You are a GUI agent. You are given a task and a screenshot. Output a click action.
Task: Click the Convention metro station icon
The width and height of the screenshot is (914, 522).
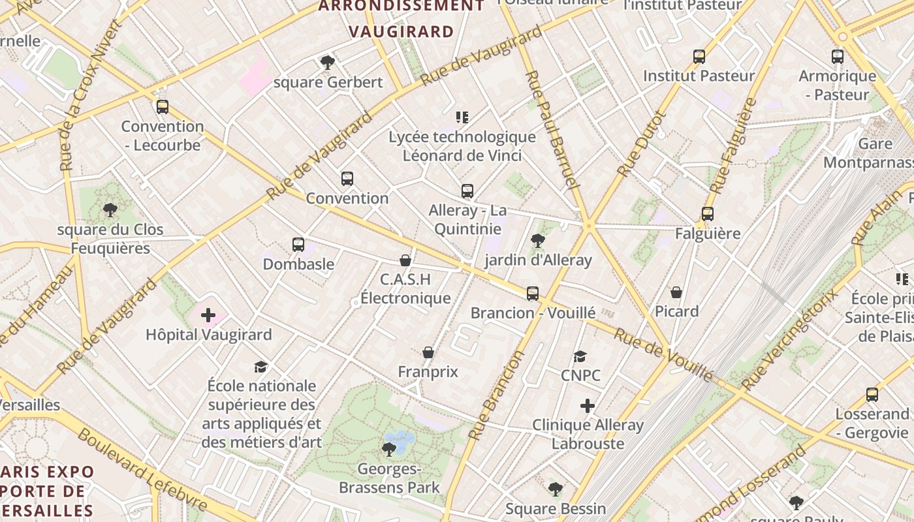tap(347, 179)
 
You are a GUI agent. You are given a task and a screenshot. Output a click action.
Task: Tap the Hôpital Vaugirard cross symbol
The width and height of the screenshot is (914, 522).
tap(208, 316)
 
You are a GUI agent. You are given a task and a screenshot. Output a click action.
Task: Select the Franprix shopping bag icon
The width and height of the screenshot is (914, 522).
tap(428, 353)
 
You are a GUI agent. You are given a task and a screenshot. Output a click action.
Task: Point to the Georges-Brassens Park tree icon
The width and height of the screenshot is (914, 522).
tap(389, 450)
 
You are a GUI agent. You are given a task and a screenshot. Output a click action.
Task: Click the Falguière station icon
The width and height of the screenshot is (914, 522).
tap(708, 214)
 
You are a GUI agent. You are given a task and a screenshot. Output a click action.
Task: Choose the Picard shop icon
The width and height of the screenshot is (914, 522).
tap(676, 292)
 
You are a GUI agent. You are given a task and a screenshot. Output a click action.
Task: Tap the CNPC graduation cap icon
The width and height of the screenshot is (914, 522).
tap(580, 356)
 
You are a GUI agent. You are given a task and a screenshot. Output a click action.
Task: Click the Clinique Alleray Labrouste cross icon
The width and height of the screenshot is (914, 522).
tap(588, 407)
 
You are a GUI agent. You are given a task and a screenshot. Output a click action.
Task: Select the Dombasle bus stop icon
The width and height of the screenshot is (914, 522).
tap(298, 245)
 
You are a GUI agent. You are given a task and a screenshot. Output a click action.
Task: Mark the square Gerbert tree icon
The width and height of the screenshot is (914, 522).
tap(328, 63)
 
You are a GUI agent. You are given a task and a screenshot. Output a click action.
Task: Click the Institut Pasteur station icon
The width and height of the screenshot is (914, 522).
tap(699, 57)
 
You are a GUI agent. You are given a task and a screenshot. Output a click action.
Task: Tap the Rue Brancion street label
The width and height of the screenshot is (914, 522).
tap(497, 395)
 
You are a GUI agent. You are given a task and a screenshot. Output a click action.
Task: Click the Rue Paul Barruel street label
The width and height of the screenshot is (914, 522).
tap(552, 130)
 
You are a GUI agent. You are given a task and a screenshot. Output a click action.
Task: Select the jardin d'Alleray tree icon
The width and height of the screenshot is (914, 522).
tap(538, 241)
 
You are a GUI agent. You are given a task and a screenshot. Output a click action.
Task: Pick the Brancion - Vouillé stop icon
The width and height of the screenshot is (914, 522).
tap(533, 294)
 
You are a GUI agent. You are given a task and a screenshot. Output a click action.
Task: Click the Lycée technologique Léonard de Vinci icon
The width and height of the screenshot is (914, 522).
tap(462, 117)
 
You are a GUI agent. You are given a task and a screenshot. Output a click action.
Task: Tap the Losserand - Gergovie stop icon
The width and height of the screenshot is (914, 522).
tap(872, 395)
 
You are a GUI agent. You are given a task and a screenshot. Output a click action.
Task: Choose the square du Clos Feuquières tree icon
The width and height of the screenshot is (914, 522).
tap(110, 210)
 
